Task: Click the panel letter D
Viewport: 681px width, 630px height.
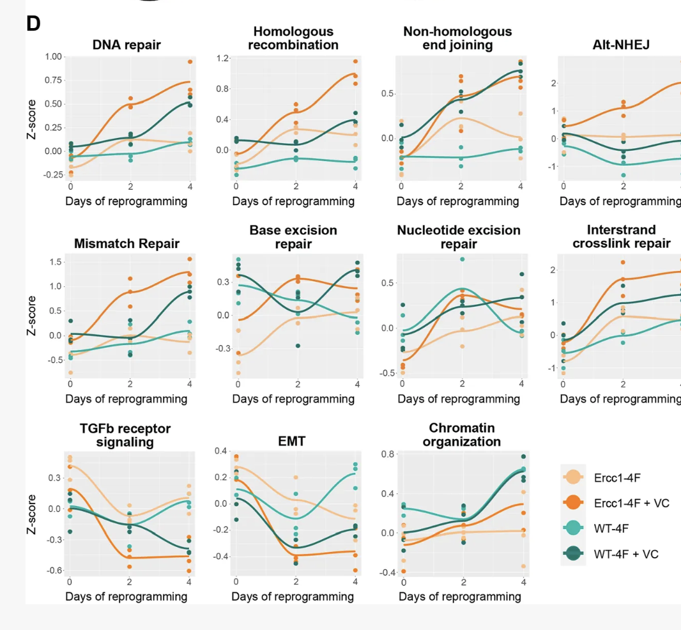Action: coord(34,24)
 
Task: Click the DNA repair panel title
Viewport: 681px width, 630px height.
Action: coord(126,45)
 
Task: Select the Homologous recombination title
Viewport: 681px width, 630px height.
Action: coord(293,38)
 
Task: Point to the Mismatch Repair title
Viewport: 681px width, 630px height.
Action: coord(126,243)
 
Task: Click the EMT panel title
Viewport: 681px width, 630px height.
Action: coord(292,440)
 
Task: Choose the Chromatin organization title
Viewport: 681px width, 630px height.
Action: coord(462,434)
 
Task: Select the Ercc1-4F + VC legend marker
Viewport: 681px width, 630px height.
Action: coord(573,503)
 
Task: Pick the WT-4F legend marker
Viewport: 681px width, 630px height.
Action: coord(573,528)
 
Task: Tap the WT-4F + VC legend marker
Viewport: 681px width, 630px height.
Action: coord(573,554)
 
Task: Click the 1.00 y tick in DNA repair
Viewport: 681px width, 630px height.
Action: coord(54,57)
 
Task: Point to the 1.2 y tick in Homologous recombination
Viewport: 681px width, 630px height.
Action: coord(223,59)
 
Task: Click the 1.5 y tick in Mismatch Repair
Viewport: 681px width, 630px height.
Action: coord(54,262)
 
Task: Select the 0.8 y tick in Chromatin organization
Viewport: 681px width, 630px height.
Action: coord(388,454)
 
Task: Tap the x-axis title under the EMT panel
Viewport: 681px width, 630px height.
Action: coord(293,597)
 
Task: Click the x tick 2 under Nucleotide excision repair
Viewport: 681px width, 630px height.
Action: coord(462,384)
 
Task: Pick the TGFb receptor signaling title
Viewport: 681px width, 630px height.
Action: coord(126,434)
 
